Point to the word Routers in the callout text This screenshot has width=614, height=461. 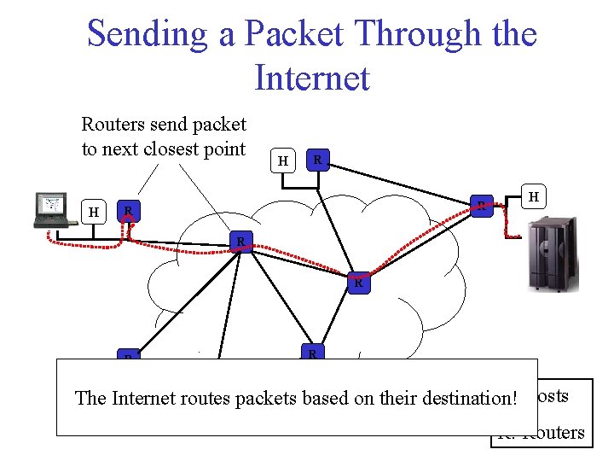click(x=113, y=125)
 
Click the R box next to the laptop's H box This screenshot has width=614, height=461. click(x=128, y=211)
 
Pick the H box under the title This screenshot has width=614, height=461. click(x=283, y=160)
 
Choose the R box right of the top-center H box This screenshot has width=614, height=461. click(x=317, y=160)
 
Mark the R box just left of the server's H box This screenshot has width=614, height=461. click(x=484, y=205)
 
